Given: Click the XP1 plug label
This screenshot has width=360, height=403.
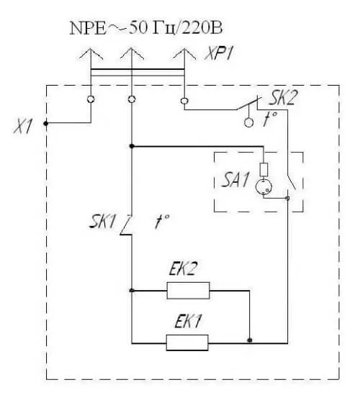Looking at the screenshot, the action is (x=219, y=53).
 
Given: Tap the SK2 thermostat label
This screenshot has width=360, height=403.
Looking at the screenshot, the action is (x=283, y=98).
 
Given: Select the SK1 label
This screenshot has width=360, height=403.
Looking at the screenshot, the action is (x=102, y=222).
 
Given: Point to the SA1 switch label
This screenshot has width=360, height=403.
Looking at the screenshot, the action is (x=235, y=180).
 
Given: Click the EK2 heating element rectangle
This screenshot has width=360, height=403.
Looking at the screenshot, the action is (x=188, y=291).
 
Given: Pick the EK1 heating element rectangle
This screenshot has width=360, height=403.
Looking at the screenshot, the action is (x=187, y=343).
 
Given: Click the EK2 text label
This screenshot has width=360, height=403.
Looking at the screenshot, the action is (x=183, y=268).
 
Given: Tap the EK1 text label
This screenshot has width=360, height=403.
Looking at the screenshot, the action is (x=188, y=321).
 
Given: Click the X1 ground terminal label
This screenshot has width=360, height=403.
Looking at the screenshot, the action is (x=23, y=127).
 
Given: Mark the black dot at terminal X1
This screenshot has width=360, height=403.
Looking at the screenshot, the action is (x=46, y=124).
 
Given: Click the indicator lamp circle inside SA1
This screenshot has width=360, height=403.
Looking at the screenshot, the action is (x=264, y=186).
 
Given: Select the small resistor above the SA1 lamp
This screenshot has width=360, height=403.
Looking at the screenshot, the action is (x=264, y=170).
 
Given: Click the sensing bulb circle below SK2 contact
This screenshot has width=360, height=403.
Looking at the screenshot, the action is (x=248, y=122).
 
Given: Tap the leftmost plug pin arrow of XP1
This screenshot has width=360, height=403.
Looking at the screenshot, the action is (x=91, y=54).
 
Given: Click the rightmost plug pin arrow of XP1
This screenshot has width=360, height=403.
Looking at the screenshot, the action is (x=184, y=54).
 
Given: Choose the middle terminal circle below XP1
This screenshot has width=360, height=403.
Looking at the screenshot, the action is (x=132, y=99).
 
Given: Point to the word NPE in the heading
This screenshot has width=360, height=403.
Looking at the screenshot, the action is (x=88, y=28).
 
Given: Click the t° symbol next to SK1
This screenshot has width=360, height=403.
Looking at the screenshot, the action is (x=162, y=221).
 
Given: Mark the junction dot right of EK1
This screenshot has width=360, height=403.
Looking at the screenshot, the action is (x=249, y=340).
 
